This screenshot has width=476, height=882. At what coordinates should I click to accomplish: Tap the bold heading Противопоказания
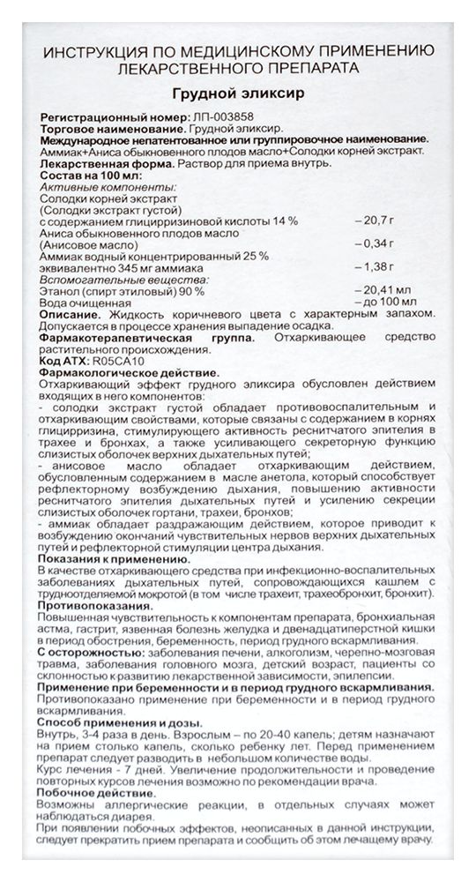pyautogui.click(x=98, y=607)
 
